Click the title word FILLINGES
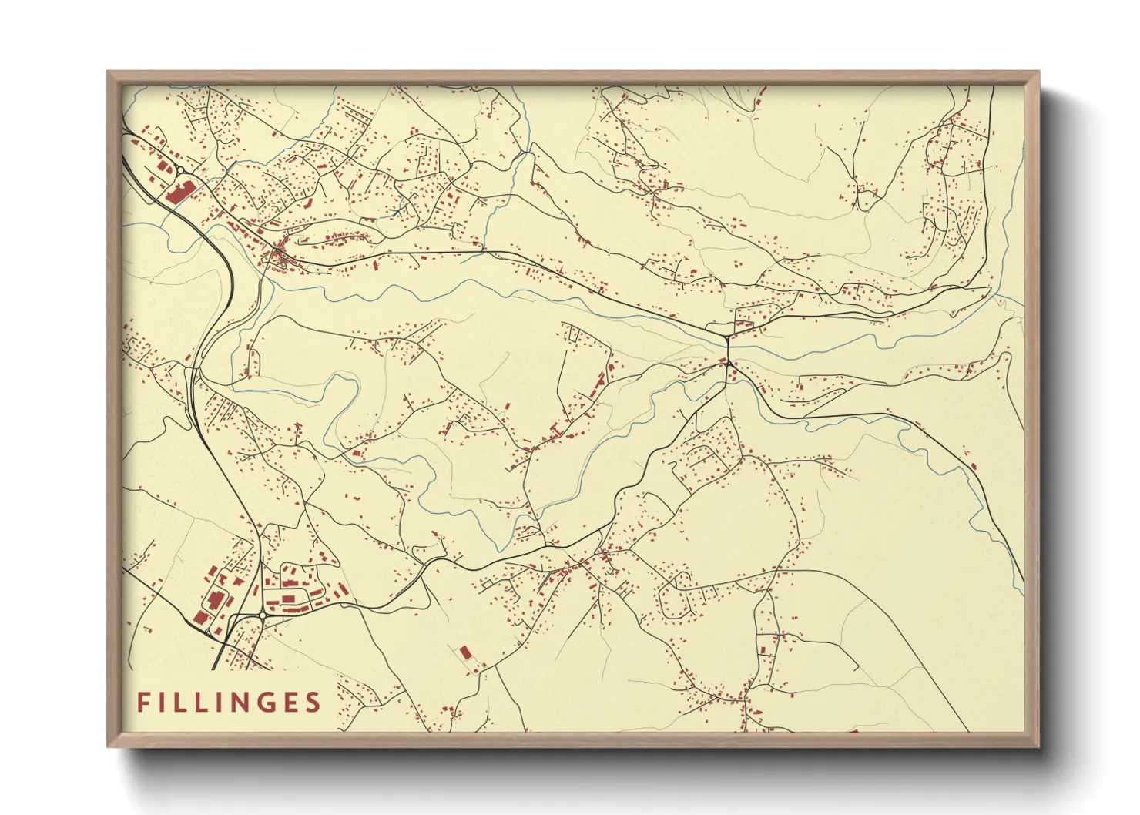coord(229,703)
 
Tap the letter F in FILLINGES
coord(142,703)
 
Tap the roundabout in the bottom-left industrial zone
coord(262,615)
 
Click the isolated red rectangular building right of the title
coord(464,653)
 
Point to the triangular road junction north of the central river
coord(726,337)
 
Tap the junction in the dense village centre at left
coord(278,254)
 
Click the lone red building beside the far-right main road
coord(973,465)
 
